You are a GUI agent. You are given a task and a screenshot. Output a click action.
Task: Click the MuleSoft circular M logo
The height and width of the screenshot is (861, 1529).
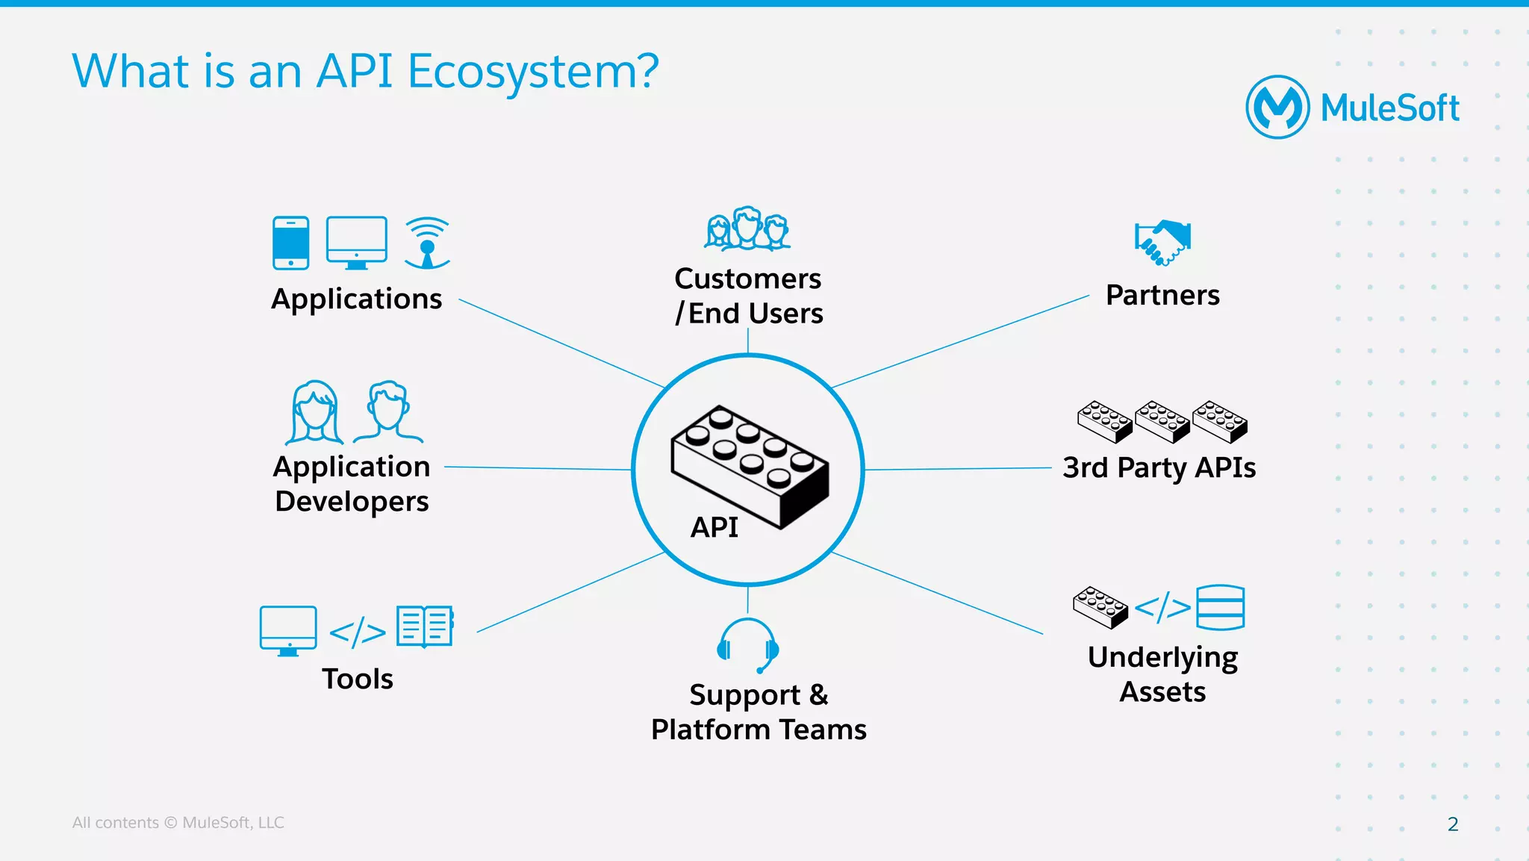tap(1277, 108)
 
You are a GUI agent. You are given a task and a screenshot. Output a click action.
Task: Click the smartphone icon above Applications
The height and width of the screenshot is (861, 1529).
tap(290, 243)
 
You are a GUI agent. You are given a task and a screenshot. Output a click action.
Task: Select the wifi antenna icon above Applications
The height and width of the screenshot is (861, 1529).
tap(427, 243)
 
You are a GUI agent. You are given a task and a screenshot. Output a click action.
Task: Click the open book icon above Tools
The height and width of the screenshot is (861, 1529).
tap(425, 626)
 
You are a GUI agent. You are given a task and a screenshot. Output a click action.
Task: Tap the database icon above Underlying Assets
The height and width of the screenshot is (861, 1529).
tap(1220, 608)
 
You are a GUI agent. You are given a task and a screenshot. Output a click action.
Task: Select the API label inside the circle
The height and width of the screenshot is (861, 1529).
tap(714, 527)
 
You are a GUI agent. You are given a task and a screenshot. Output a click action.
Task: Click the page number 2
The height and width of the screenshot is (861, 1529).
tap(1452, 824)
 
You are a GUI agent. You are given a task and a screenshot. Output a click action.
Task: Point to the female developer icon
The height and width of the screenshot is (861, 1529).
tap(314, 413)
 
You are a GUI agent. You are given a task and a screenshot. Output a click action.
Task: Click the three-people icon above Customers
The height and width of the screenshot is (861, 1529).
tap(747, 229)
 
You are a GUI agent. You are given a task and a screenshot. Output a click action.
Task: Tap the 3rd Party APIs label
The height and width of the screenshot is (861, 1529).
tap(1159, 467)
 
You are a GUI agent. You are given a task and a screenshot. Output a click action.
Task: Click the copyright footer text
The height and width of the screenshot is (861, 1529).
tap(178, 823)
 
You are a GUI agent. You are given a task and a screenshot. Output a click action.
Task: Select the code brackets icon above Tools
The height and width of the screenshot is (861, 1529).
tap(358, 632)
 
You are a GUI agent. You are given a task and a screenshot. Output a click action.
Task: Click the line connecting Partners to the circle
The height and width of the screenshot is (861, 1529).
tap(960, 341)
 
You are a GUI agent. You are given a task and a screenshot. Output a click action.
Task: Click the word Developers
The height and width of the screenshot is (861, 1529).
tap(352, 501)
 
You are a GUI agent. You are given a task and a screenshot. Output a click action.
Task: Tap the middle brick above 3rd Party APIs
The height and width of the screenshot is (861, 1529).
tap(1162, 421)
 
